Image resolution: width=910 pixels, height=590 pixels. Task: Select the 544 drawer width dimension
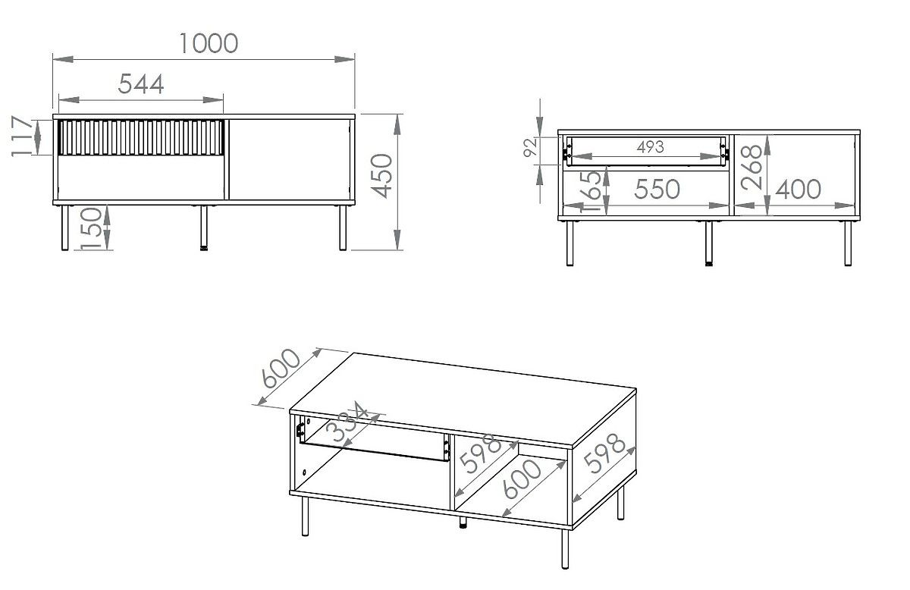141,84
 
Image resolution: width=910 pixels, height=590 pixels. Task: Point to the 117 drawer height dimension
24,137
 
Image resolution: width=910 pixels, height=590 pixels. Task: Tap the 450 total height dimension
384,175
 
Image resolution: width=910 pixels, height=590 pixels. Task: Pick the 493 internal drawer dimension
650,147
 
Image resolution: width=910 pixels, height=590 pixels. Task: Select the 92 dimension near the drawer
530,148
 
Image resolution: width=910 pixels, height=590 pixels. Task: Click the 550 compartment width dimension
657,189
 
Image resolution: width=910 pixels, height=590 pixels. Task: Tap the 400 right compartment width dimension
799,189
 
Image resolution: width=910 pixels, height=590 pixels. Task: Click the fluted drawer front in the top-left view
141,136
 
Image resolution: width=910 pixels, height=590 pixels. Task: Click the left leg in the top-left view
64,228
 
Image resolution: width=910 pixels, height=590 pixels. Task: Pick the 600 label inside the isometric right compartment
523,479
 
